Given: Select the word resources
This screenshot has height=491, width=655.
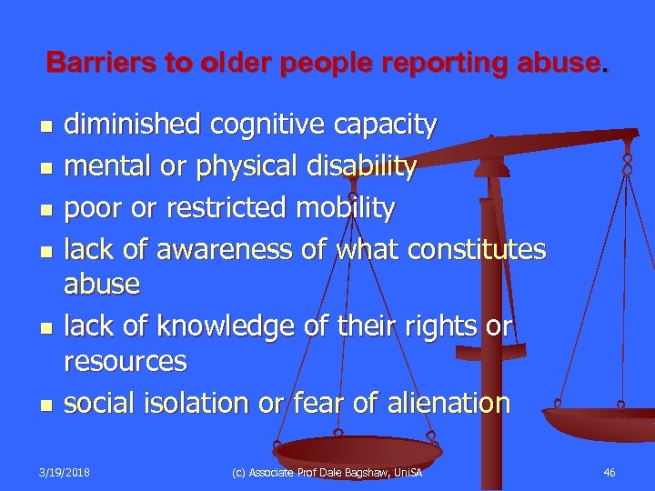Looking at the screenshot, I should tap(125, 363).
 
